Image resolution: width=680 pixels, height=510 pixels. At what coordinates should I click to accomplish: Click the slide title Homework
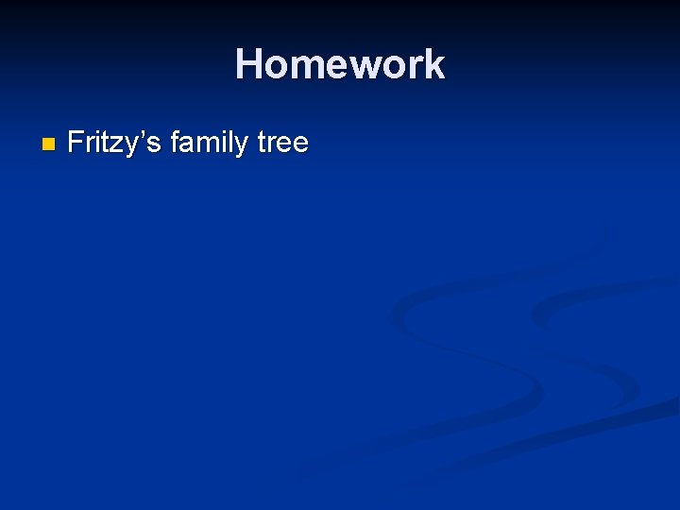coord(340,64)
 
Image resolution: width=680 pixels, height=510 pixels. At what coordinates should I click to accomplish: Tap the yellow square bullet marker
coord(49,144)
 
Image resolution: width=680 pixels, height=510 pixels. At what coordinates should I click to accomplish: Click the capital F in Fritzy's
coord(76,143)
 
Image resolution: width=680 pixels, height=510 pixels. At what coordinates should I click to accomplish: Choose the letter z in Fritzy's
coord(118,144)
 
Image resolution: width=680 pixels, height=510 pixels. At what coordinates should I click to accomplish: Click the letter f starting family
coord(176,143)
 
